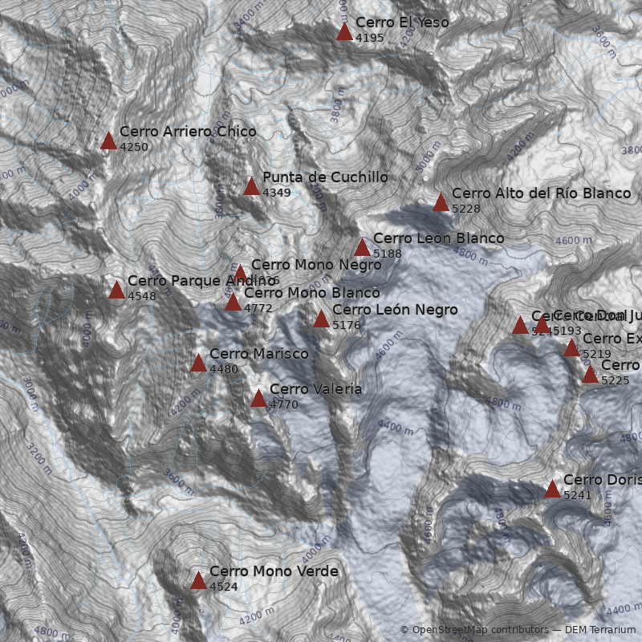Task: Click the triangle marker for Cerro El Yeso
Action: (x=344, y=32)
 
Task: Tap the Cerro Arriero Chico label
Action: (x=188, y=132)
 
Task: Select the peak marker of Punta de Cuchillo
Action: (x=251, y=187)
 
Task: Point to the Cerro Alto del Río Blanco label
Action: (x=541, y=193)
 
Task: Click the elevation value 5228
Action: (x=465, y=209)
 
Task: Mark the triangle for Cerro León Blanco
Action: (x=362, y=247)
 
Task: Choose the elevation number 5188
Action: (x=387, y=254)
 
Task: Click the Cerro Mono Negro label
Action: (x=316, y=265)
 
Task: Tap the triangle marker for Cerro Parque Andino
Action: (x=116, y=290)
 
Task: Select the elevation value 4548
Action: (x=141, y=296)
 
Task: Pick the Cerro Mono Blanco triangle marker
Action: (x=233, y=303)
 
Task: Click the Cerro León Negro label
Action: (x=395, y=310)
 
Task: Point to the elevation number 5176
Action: (x=346, y=325)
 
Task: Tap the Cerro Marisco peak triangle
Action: (x=198, y=364)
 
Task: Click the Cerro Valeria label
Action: (x=315, y=389)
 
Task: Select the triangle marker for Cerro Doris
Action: (x=552, y=489)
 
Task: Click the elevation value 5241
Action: (x=577, y=495)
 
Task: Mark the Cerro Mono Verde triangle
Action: (x=198, y=581)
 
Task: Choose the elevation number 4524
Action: (x=223, y=587)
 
